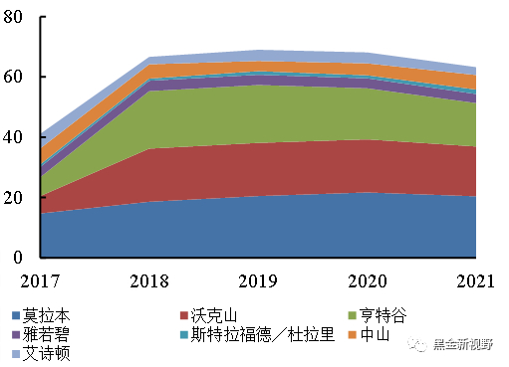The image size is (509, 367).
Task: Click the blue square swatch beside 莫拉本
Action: pyautogui.click(x=13, y=316)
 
